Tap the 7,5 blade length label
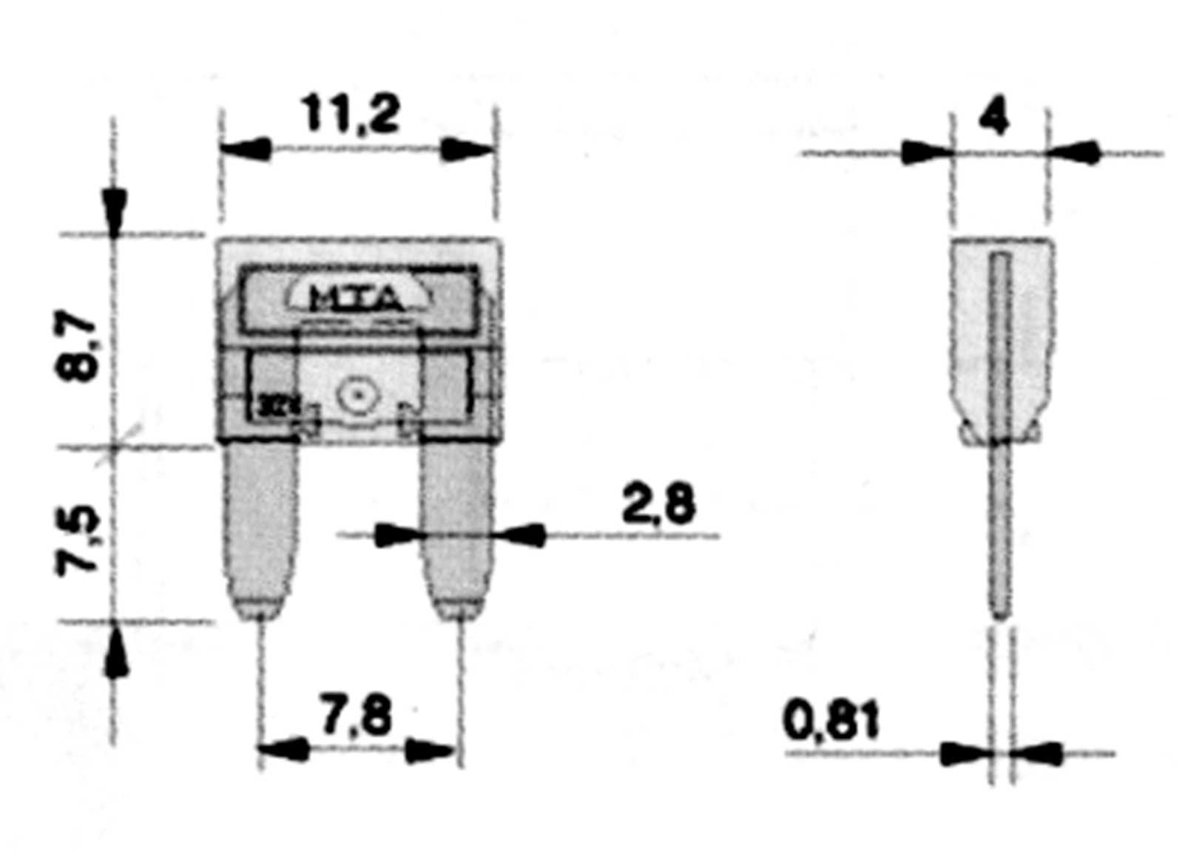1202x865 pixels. click(x=78, y=540)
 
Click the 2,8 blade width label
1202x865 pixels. click(x=658, y=505)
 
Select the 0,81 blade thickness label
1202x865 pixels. click(x=832, y=721)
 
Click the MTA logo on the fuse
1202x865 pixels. click(x=357, y=298)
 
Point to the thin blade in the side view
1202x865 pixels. click(x=1000, y=532)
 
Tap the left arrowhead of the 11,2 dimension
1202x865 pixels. click(x=246, y=149)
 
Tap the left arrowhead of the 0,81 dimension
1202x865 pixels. click(x=965, y=754)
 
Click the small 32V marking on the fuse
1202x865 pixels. click(x=271, y=406)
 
